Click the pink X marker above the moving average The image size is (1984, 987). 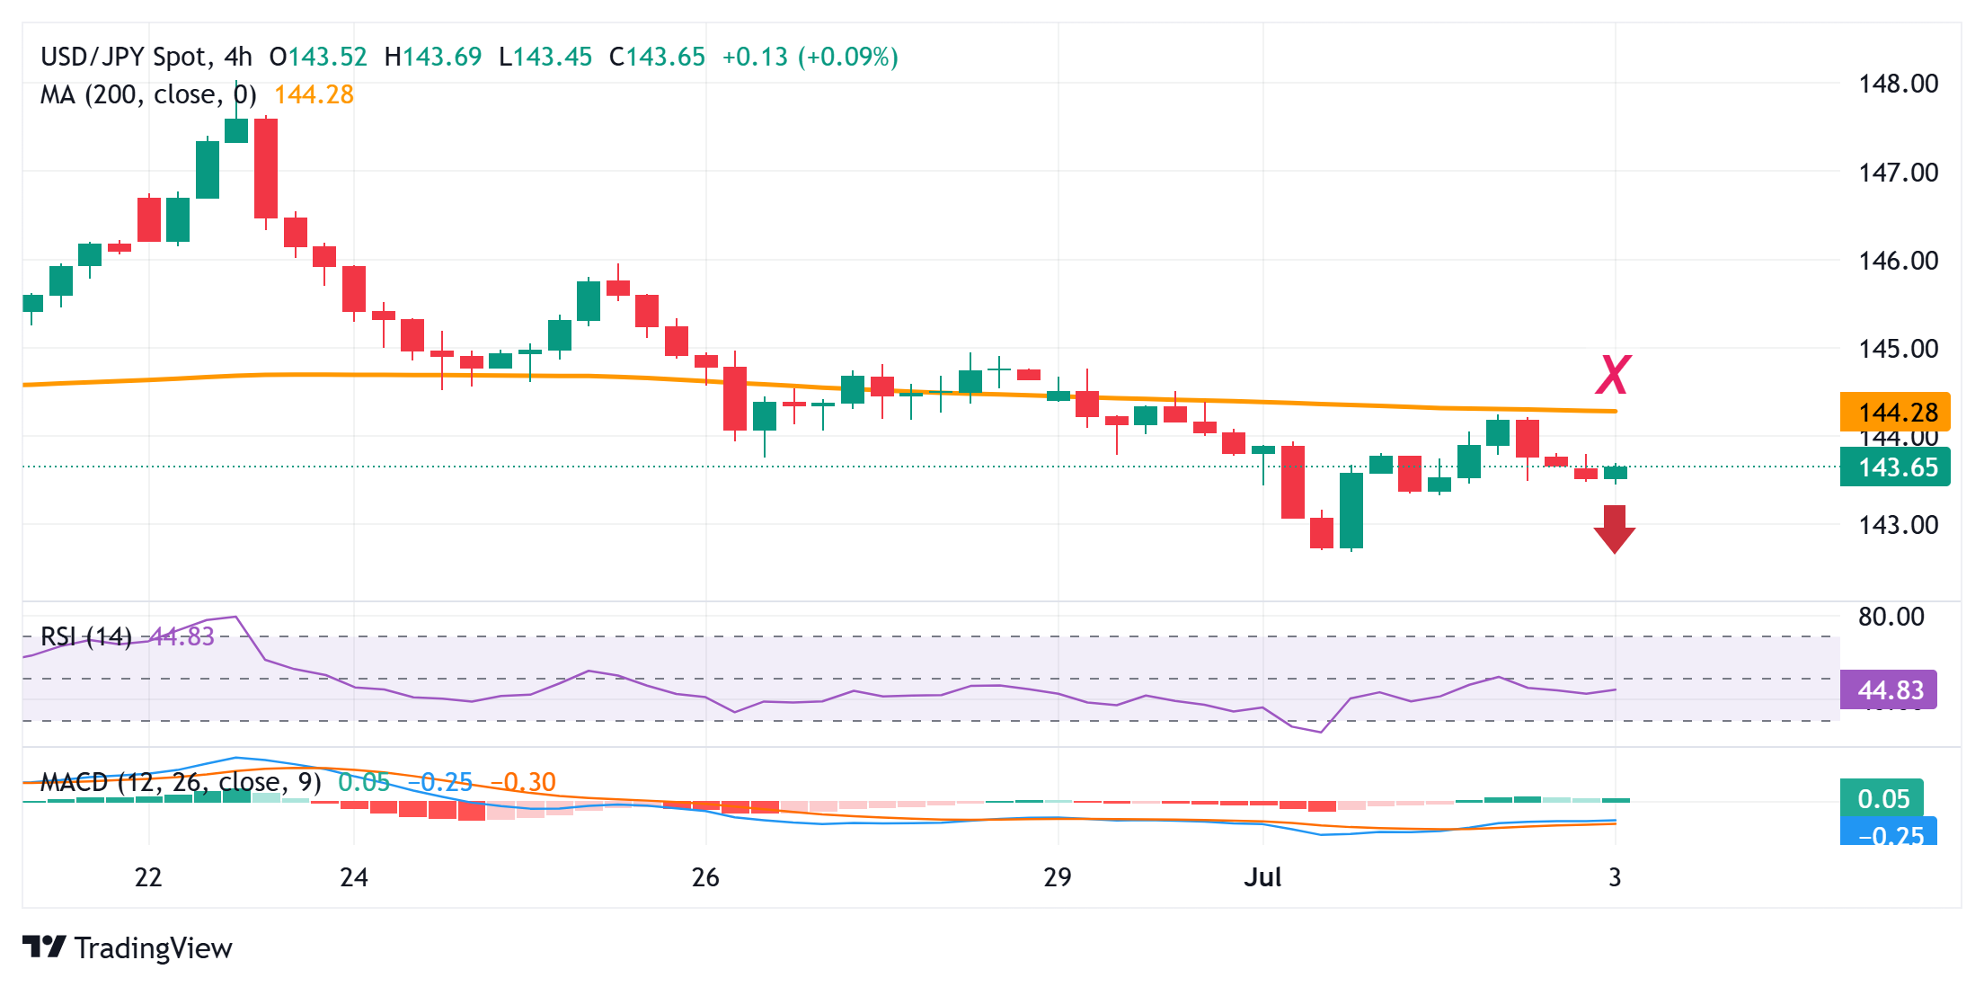1613,375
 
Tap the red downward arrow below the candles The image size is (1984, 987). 1615,529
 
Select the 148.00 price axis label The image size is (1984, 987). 1898,84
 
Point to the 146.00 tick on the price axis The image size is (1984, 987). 1898,261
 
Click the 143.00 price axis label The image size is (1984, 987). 1898,525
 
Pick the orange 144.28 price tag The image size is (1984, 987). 1895,413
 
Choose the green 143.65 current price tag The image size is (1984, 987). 1895,467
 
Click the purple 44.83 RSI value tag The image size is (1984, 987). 1889,690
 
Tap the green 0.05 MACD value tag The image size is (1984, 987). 1882,798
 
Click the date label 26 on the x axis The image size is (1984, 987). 705,877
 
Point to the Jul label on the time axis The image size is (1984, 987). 1262,877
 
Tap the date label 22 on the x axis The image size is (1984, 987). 148,877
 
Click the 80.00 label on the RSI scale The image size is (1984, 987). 1891,617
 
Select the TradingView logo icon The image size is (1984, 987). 44,947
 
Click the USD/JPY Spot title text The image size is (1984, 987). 123,57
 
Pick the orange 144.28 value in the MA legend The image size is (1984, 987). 314,94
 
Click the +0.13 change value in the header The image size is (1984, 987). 755,57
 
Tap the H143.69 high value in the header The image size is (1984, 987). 433,57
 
